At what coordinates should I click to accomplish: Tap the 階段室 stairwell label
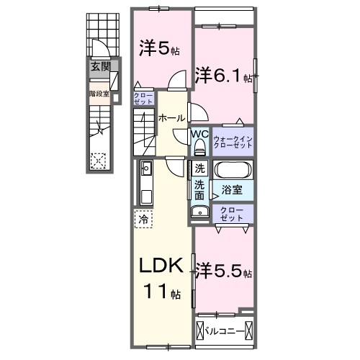coord(99,94)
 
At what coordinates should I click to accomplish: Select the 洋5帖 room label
coord(159,48)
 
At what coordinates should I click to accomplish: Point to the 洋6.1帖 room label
coord(223,75)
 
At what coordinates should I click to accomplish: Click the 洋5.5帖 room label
coord(224,271)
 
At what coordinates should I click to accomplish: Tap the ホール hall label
coord(171,118)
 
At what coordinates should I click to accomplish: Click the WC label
coord(199,134)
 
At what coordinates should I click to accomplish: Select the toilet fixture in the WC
coord(199,148)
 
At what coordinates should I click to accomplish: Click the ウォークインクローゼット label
coord(233,142)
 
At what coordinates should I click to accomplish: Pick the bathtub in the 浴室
coord(233,170)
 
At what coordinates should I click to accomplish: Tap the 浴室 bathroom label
coord(232,190)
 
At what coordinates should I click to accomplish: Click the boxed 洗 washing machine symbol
coord(199,168)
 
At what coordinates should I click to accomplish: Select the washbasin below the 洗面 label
coord(200,211)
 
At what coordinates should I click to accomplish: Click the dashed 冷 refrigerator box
coord(143,219)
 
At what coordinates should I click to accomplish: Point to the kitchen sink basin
coord(146,168)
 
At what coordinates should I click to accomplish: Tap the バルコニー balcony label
coord(225,332)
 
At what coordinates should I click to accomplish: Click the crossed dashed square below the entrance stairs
coord(98,161)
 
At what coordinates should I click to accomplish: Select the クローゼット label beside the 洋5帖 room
coord(143,99)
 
